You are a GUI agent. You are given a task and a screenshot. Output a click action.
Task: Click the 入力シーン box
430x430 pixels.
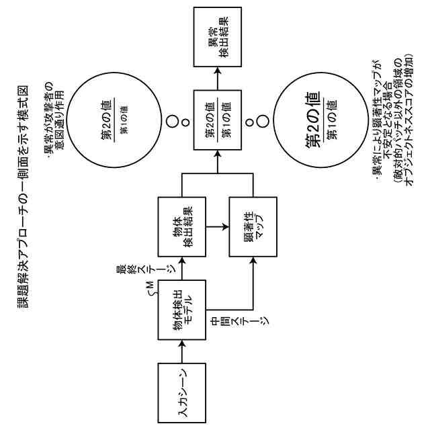point(181,392)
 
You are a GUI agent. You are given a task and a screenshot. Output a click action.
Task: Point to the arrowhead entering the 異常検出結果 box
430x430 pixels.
point(217,71)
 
